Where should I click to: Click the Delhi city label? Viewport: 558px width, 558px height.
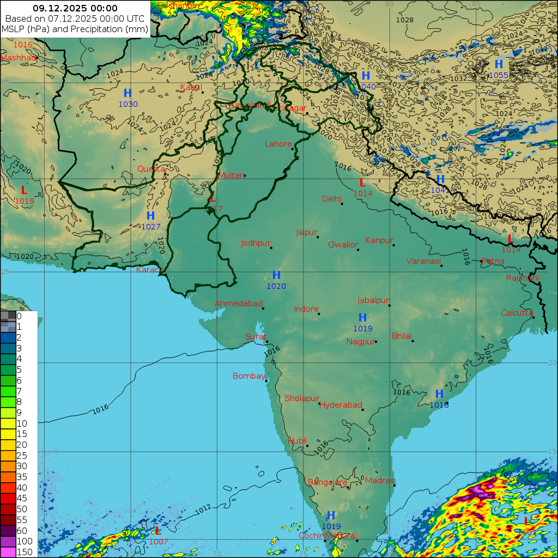click(x=331, y=198)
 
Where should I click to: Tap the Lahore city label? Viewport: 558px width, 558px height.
click(x=278, y=144)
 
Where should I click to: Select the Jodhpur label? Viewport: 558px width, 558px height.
click(x=255, y=243)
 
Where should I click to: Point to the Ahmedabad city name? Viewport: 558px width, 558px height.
click(x=238, y=304)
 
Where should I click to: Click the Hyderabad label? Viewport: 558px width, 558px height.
click(x=341, y=405)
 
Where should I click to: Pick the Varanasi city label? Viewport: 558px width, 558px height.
click(x=423, y=261)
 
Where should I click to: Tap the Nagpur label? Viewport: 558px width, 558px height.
click(x=361, y=342)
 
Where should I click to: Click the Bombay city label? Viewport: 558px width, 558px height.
click(x=248, y=376)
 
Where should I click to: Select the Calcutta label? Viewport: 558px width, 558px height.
click(x=517, y=312)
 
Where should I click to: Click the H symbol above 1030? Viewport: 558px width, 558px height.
click(x=128, y=93)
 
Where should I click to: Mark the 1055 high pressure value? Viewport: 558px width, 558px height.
click(x=499, y=75)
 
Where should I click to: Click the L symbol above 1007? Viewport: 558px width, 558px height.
click(x=157, y=531)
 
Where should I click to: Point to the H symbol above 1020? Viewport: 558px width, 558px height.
click(x=276, y=275)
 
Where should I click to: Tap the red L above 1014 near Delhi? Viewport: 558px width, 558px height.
click(x=362, y=183)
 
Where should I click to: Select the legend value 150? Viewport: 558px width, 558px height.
click(x=25, y=552)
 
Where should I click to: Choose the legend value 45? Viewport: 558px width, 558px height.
click(x=22, y=498)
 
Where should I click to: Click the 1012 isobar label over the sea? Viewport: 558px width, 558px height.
click(x=203, y=509)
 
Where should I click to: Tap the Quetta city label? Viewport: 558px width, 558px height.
click(x=151, y=169)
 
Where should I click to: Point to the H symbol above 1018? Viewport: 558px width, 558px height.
click(x=439, y=394)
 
